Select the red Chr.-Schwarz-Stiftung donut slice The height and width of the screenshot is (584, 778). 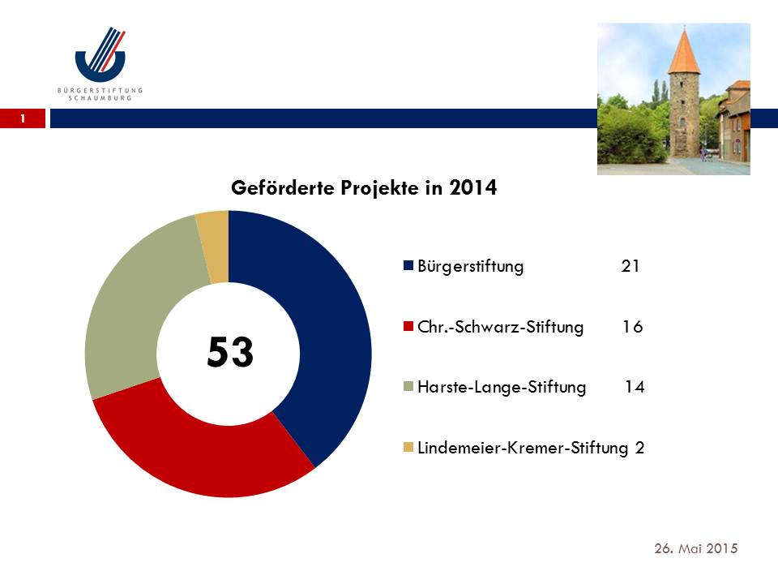pyautogui.click(x=199, y=457)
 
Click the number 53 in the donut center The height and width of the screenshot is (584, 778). pyautogui.click(x=230, y=351)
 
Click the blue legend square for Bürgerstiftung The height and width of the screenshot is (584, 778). pyautogui.click(x=408, y=265)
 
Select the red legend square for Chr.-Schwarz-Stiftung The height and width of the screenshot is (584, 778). pyautogui.click(x=408, y=326)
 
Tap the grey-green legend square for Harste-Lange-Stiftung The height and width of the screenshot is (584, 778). pyautogui.click(x=408, y=386)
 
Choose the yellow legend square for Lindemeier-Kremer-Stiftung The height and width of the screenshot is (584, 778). pyautogui.click(x=408, y=448)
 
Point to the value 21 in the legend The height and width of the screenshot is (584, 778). pyautogui.click(x=631, y=266)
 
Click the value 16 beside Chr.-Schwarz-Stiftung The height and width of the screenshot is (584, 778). pyautogui.click(x=633, y=326)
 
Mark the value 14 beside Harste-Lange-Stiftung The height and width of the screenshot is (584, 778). pyautogui.click(x=635, y=386)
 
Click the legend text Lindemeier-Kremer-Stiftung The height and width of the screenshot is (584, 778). pyautogui.click(x=523, y=448)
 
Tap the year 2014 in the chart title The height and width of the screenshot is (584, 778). pyautogui.click(x=472, y=187)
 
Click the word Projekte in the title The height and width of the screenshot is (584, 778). pyautogui.click(x=379, y=188)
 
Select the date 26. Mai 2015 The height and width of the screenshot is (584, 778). pyautogui.click(x=696, y=548)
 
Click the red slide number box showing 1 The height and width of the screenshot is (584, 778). pyautogui.click(x=23, y=118)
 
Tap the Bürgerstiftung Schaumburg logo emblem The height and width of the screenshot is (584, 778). pyautogui.click(x=100, y=54)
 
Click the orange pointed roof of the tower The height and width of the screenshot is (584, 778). pyautogui.click(x=684, y=52)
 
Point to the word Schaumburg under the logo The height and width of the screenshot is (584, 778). pyautogui.click(x=100, y=98)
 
